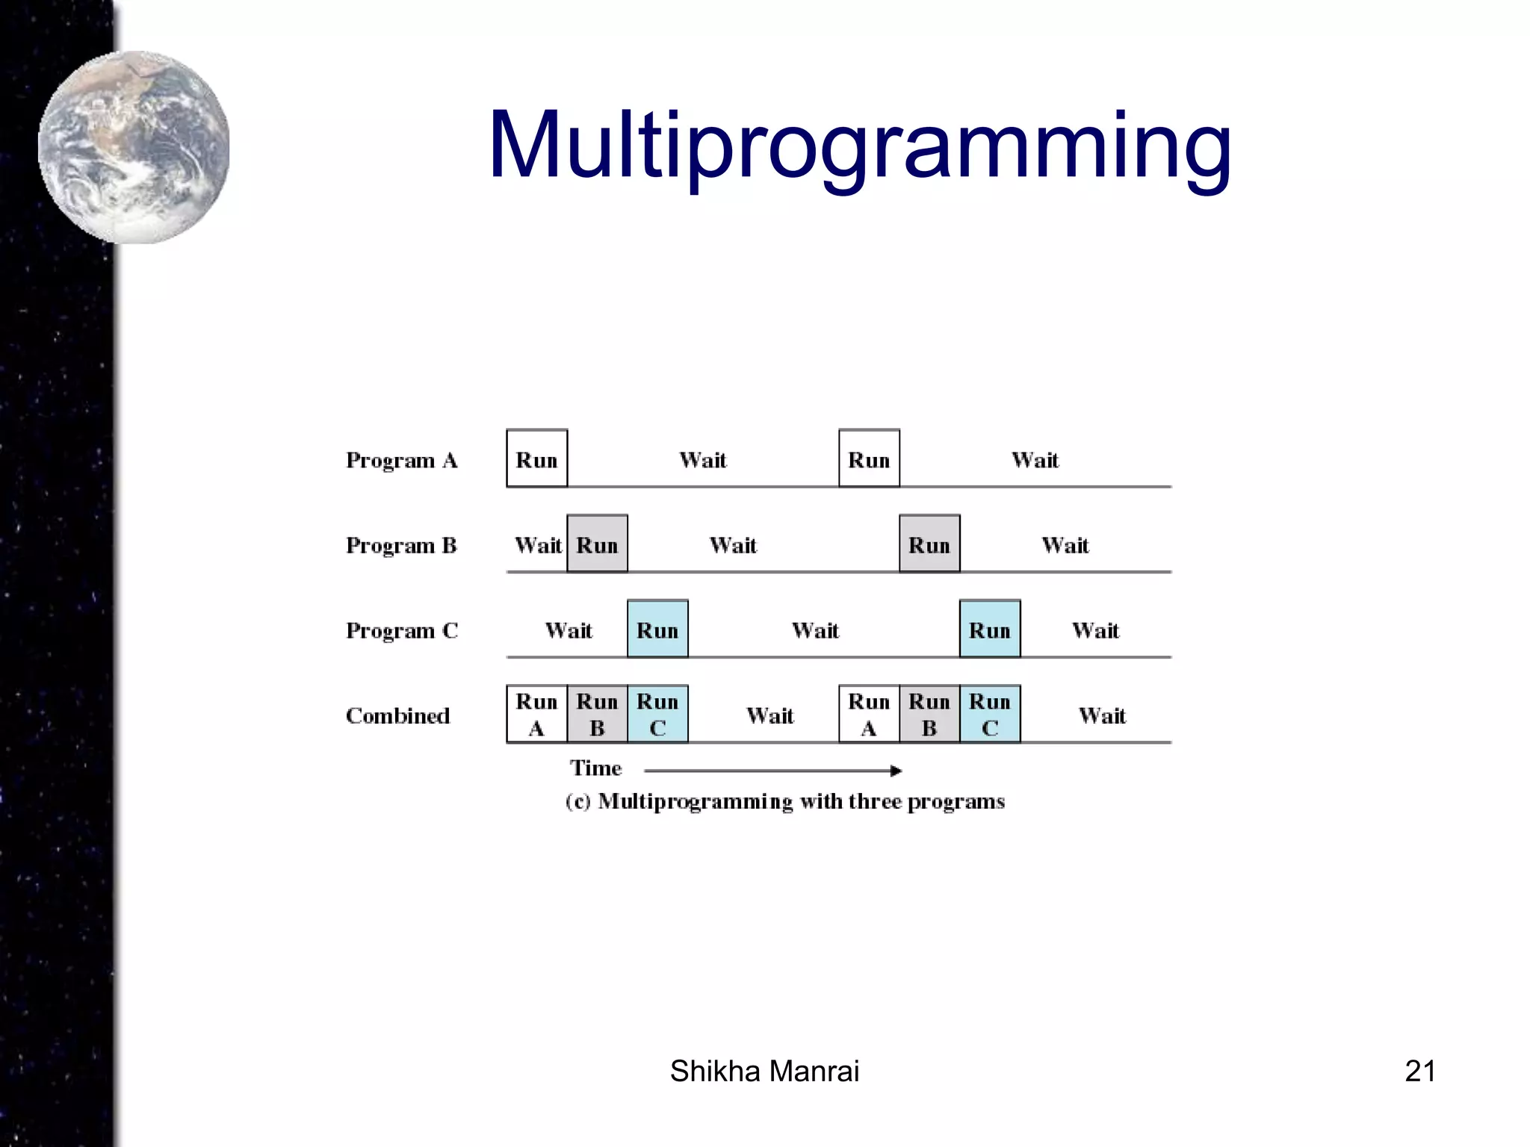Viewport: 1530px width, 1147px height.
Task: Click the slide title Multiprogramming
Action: pos(859,146)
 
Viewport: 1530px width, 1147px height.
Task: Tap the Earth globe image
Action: pos(134,147)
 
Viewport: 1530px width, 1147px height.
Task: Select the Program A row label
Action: pos(401,460)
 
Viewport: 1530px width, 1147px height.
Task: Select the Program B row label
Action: pos(401,545)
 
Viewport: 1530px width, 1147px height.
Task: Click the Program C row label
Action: pos(401,630)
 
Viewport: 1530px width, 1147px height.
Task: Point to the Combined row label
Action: pos(397,715)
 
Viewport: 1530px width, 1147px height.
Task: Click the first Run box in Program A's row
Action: pos(536,459)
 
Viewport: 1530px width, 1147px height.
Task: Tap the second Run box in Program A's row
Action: pos(869,459)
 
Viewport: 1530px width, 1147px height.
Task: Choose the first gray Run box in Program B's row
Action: pos(597,544)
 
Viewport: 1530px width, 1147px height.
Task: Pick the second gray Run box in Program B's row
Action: pos(929,544)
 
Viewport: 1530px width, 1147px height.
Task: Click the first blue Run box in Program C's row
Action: pos(657,629)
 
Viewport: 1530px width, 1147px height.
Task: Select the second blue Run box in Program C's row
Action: pos(990,629)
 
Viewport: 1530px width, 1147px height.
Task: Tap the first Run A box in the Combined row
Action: pos(536,714)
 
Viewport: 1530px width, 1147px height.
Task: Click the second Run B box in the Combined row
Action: pos(929,714)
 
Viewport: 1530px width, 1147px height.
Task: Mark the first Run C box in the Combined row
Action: pos(657,714)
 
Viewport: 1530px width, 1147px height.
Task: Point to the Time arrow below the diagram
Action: pos(773,770)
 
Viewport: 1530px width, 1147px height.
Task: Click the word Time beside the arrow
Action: pos(595,768)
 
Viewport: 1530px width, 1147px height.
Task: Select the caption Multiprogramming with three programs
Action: pos(785,801)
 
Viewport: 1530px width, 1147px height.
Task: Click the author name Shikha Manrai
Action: pos(764,1071)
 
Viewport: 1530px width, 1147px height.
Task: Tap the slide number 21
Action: pos(1419,1071)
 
